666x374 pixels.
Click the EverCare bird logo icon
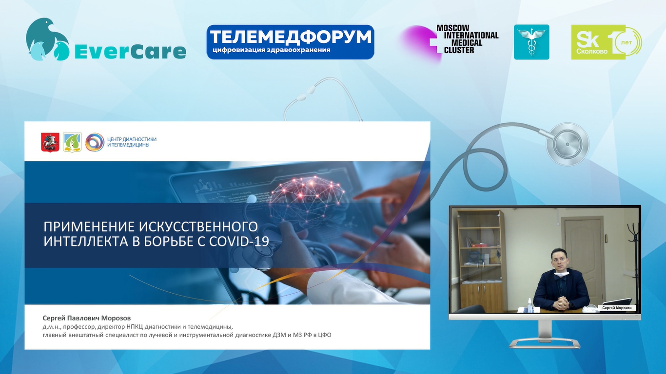click(48, 39)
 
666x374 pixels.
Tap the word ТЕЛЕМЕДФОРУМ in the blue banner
click(291, 37)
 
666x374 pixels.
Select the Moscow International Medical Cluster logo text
click(468, 39)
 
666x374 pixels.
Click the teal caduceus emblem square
click(531, 42)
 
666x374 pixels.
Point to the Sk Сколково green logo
click(606, 42)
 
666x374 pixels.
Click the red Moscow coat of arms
click(50, 143)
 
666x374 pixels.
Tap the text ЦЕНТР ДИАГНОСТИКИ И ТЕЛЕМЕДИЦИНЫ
click(132, 142)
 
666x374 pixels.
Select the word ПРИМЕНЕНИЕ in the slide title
click(89, 227)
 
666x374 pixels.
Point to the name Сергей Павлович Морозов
click(86, 318)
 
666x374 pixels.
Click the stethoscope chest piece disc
click(568, 144)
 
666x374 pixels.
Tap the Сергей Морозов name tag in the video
click(617, 308)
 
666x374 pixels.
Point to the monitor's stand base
click(545, 344)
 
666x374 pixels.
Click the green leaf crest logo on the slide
click(72, 143)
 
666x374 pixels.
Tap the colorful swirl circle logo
click(95, 142)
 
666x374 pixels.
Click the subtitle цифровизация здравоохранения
click(272, 50)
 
